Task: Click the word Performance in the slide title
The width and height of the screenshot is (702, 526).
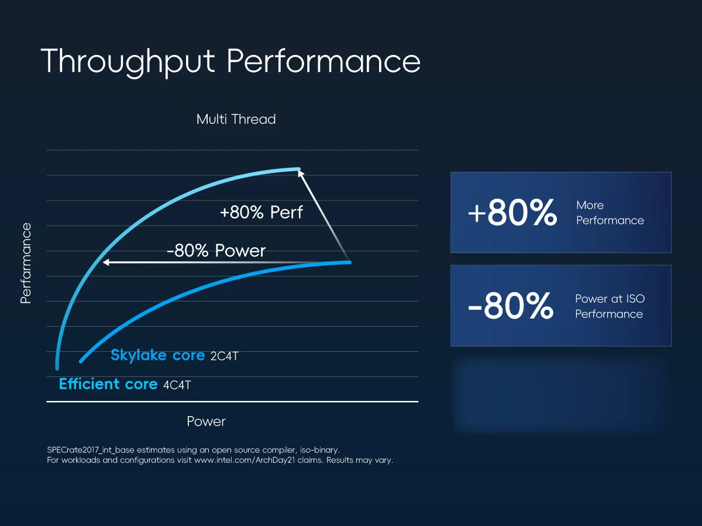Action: click(x=324, y=61)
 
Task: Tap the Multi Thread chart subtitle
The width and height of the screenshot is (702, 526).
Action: click(x=236, y=119)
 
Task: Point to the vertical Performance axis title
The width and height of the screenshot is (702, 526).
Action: click(x=26, y=263)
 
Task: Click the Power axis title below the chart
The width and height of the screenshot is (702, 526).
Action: click(x=206, y=421)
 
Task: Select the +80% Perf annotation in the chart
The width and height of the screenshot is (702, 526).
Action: click(x=261, y=212)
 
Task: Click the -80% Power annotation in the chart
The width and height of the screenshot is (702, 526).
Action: click(x=216, y=250)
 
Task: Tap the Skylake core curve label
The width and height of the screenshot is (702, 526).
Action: click(x=158, y=355)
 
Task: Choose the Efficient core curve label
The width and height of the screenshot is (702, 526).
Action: click(x=108, y=384)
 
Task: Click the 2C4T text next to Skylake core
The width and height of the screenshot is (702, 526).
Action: click(x=225, y=356)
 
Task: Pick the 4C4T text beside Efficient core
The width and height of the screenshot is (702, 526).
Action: click(x=177, y=385)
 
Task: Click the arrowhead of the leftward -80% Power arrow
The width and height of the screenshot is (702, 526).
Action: click(x=105, y=262)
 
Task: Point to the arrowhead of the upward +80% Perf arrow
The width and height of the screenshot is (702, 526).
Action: click(x=300, y=173)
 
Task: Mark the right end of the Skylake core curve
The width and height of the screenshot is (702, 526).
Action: click(x=350, y=262)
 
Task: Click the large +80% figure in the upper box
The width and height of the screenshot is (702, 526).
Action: click(x=512, y=212)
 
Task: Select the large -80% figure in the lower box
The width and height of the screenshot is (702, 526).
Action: click(x=511, y=306)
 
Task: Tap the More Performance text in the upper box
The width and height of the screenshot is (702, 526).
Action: click(x=610, y=213)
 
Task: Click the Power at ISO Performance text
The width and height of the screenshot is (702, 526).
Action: click(x=610, y=306)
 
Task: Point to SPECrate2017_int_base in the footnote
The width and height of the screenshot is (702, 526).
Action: click(x=91, y=450)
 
